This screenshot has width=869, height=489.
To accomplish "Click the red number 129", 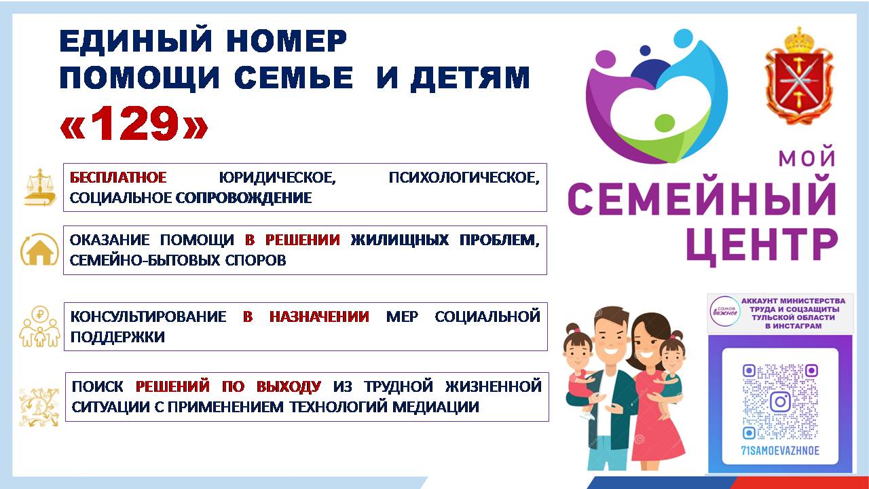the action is (x=134, y=123).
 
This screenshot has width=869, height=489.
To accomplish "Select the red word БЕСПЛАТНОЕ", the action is (x=118, y=178).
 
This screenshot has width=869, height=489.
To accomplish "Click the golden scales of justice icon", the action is (x=40, y=187).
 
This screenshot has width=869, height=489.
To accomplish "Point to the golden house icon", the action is (x=39, y=249).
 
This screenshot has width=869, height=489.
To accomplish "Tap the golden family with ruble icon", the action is (x=40, y=326).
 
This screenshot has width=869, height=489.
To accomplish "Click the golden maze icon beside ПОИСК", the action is (x=39, y=407).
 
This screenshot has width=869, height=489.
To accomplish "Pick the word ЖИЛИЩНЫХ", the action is (x=400, y=240).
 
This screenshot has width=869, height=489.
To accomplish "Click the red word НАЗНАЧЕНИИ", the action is (x=319, y=316).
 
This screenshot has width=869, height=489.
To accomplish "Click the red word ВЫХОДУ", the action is (x=289, y=386).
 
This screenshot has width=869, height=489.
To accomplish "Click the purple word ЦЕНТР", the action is (x=762, y=245).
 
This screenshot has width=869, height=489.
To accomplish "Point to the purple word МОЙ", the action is (x=807, y=158).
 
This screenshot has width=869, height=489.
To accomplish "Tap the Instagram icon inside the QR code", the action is (x=780, y=401).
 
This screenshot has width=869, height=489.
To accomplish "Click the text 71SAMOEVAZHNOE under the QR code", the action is (x=780, y=450).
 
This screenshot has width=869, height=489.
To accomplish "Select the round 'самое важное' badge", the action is (x=724, y=311).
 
